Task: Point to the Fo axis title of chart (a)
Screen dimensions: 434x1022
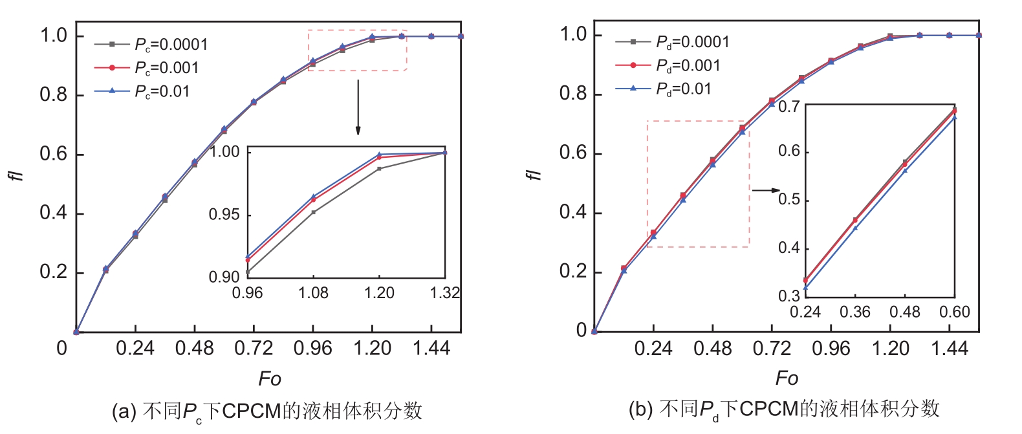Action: (269, 378)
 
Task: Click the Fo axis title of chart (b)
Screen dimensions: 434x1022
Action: (787, 378)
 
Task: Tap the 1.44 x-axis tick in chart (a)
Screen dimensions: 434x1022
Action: (431, 349)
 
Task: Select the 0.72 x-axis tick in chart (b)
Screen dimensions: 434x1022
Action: (771, 349)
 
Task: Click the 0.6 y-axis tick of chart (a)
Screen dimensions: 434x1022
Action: (53, 154)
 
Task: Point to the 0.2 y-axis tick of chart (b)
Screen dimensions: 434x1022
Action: (572, 272)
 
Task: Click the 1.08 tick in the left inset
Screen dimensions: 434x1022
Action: (313, 293)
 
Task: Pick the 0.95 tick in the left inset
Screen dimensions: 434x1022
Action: (224, 215)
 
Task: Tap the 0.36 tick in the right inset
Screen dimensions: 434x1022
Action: (854, 312)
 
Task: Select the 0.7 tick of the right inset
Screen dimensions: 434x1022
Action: (788, 106)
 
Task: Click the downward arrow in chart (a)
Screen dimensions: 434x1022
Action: (358, 107)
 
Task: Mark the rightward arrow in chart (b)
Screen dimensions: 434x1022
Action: (766, 190)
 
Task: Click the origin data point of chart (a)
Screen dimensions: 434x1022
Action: (76, 332)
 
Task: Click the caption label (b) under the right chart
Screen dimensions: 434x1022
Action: (640, 409)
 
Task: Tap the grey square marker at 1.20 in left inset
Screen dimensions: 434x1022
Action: (379, 169)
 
